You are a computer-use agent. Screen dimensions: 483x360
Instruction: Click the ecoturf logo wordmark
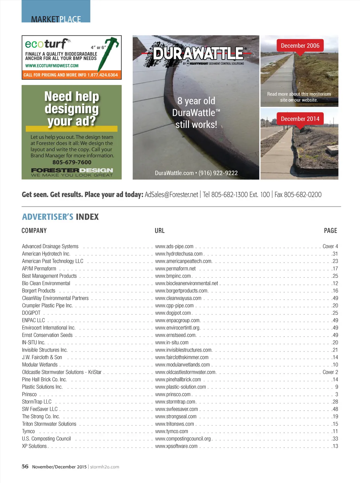click(47, 44)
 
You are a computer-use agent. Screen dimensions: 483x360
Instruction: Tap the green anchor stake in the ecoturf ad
click(108, 53)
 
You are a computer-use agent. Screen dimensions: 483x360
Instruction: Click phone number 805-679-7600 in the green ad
click(72, 162)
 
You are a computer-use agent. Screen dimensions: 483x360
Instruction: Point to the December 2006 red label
click(300, 46)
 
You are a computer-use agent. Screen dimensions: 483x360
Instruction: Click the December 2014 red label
click(300, 119)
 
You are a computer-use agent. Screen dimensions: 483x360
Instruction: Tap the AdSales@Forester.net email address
click(171, 195)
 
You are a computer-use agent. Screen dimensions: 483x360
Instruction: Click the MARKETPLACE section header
click(56, 19)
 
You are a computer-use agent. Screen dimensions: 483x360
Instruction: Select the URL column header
click(160, 231)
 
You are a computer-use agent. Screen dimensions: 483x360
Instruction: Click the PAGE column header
click(330, 231)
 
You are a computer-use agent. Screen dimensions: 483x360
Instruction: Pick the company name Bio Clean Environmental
click(46, 283)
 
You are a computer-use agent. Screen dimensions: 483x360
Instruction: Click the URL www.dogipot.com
click(173, 313)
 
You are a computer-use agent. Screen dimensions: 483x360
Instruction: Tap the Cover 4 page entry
click(330, 247)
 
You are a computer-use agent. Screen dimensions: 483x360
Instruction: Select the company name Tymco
click(28, 431)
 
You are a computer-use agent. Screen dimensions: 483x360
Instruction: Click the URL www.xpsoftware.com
click(176, 446)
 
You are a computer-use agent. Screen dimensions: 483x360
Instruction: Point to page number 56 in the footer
click(25, 466)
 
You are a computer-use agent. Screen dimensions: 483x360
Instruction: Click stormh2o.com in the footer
click(105, 467)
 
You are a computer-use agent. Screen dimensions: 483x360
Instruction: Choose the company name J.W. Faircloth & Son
click(42, 357)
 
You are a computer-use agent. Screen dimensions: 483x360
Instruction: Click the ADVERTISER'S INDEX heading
click(60, 217)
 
